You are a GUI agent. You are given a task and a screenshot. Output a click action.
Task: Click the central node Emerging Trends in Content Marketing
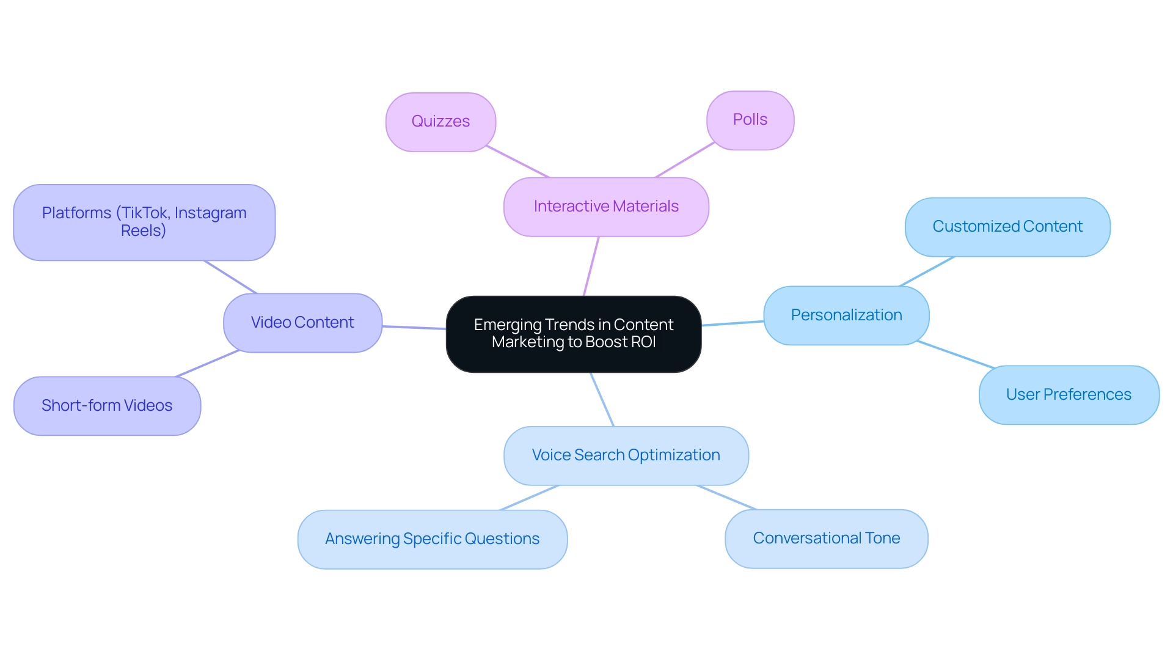573,334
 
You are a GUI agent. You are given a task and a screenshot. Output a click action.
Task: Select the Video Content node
302,323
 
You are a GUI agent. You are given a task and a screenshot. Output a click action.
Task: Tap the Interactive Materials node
606,207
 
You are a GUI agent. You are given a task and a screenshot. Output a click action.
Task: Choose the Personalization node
846,315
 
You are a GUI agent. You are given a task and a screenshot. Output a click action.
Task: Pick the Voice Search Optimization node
626,455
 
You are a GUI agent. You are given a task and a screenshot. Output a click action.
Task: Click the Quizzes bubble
440,122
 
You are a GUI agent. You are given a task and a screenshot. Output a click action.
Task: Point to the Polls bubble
750,120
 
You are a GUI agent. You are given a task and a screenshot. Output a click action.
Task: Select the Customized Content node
1007,227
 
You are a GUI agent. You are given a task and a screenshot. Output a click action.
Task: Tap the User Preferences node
1069,395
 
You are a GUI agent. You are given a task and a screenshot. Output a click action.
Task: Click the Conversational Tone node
826,539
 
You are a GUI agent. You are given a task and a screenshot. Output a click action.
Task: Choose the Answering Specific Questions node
432,539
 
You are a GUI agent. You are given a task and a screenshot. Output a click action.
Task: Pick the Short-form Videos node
107,406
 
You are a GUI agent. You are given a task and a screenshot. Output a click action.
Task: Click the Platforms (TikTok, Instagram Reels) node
144,223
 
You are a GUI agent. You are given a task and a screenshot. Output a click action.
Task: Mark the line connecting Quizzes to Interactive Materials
518,162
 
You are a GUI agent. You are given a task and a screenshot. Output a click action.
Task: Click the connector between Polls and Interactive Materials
684,160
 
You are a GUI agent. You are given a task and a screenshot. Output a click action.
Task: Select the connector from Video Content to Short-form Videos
206,364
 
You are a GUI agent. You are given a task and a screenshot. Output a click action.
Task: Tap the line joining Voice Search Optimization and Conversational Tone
726,498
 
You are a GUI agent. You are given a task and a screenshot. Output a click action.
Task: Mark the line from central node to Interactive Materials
591,267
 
